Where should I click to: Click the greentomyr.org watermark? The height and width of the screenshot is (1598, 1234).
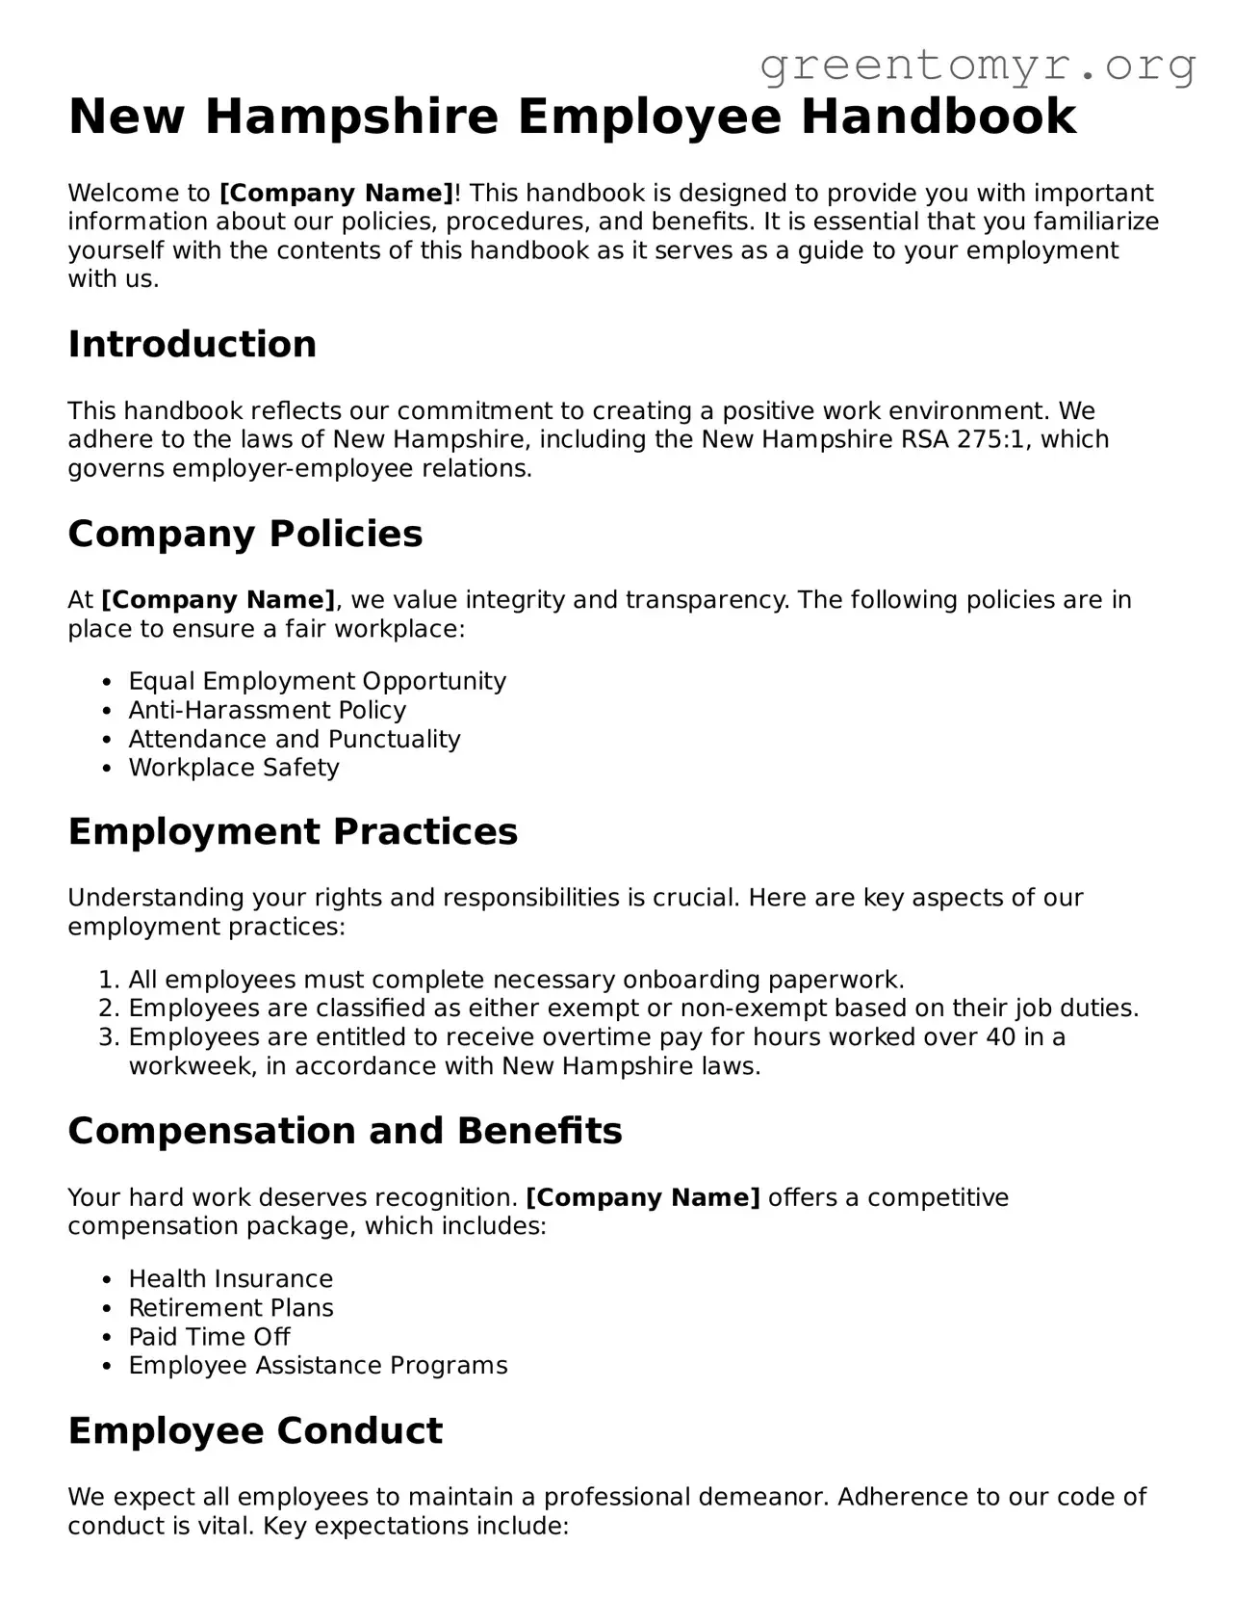point(977,66)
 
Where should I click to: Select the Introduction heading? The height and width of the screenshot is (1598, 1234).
point(192,344)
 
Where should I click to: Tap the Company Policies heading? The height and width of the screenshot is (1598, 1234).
point(244,534)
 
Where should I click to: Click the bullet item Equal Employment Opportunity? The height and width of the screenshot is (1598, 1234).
point(317,682)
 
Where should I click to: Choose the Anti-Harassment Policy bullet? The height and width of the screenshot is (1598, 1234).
point(267,711)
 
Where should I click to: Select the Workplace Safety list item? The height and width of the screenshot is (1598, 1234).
point(233,769)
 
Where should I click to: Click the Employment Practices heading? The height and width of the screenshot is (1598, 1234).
point(293,832)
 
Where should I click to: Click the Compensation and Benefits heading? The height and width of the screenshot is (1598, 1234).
point(345,1131)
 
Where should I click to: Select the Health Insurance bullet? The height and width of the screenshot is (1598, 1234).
point(230,1279)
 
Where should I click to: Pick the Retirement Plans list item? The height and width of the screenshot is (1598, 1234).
point(231,1308)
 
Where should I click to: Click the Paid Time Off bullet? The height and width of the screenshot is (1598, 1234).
point(209,1337)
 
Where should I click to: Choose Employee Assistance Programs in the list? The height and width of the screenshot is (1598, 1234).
point(318,1366)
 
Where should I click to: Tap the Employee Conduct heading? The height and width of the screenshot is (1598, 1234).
point(255,1431)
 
